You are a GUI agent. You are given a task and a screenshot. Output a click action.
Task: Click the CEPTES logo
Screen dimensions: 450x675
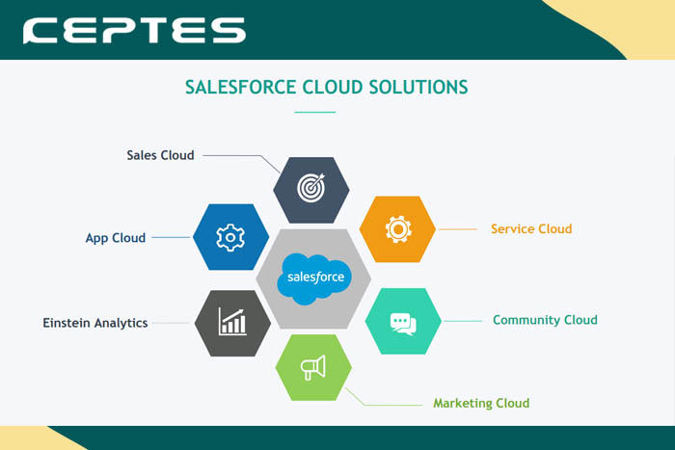[x=135, y=31]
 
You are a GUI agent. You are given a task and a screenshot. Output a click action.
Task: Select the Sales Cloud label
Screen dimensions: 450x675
[x=160, y=155]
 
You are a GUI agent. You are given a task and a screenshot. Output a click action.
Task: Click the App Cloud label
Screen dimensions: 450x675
[x=115, y=238]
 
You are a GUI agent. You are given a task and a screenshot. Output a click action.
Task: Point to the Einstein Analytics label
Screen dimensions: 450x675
[x=95, y=323]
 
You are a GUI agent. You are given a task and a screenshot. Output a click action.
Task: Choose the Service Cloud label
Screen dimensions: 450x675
[x=531, y=229]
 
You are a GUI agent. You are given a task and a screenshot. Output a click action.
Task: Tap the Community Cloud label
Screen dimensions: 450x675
[x=545, y=320]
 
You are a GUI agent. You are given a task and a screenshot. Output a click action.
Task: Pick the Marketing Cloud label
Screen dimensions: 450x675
[x=481, y=403]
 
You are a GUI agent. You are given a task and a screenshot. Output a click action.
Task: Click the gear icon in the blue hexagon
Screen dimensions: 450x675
[x=230, y=237]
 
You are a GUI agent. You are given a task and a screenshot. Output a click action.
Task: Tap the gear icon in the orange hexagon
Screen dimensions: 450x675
[x=398, y=229]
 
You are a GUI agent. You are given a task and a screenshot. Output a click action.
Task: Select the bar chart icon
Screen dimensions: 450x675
[x=232, y=322]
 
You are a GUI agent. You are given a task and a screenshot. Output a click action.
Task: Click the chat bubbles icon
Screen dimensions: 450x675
[x=403, y=322]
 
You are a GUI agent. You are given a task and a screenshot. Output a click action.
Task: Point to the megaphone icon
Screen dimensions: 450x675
[x=313, y=367]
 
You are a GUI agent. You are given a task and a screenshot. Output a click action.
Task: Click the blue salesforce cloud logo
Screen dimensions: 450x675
[x=312, y=278]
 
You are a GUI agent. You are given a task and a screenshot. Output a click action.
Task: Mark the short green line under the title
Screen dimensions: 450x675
[x=314, y=113]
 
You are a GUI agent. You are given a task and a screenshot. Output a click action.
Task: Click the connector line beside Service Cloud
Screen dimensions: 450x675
[x=458, y=229]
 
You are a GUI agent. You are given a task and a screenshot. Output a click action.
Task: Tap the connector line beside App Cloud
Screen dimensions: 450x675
[x=172, y=238]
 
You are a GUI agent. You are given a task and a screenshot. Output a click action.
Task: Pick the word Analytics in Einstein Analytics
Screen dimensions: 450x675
[x=119, y=323]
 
